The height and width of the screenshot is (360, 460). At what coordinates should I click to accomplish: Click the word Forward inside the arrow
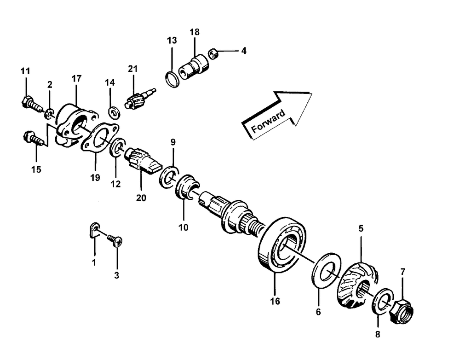[269, 121]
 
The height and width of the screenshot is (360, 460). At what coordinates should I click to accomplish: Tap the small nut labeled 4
[213, 54]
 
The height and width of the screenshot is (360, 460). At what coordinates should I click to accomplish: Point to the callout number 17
[76, 79]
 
